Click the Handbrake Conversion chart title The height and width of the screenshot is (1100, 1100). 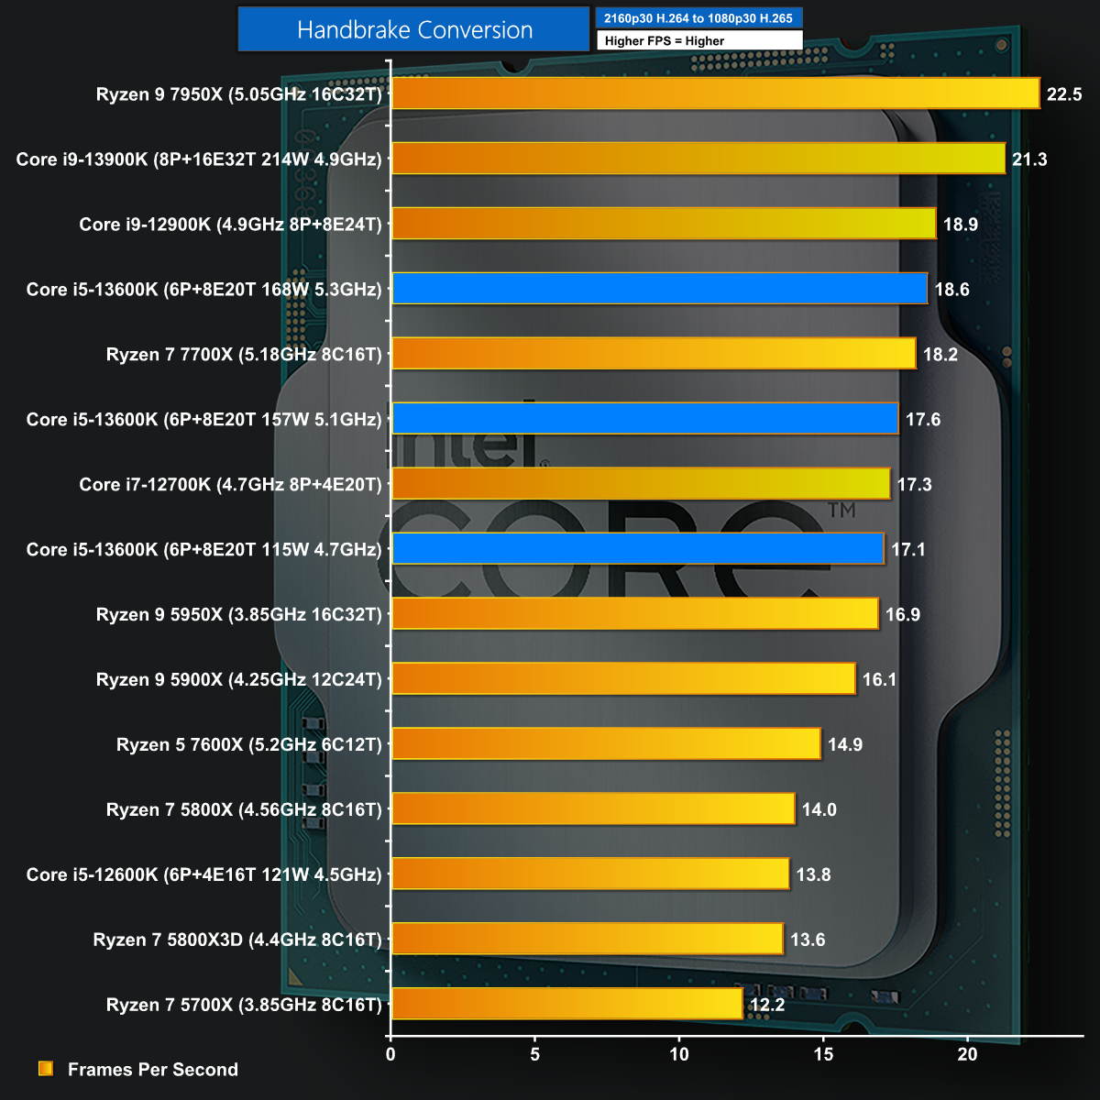[414, 30]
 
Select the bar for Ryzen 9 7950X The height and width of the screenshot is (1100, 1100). [715, 93]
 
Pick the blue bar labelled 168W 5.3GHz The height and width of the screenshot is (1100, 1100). [659, 289]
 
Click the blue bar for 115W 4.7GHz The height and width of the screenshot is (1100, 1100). [638, 549]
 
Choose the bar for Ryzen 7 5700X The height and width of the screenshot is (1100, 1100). [566, 1004]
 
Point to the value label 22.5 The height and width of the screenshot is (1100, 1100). [1064, 94]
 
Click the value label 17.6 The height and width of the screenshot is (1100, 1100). [923, 420]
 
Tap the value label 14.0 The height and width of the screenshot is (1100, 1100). [819, 809]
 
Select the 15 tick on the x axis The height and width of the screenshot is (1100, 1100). [824, 1054]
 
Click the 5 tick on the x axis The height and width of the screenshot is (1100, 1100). [535, 1054]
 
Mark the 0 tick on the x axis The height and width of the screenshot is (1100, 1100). [391, 1054]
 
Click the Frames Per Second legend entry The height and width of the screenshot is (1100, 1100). [152, 1070]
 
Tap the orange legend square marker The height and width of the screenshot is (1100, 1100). [46, 1069]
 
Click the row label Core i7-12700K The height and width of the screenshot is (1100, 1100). [230, 484]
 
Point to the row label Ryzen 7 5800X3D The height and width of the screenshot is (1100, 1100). [236, 940]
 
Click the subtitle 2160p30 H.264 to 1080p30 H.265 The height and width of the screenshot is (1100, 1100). [698, 18]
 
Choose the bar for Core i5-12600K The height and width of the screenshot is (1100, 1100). [590, 874]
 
